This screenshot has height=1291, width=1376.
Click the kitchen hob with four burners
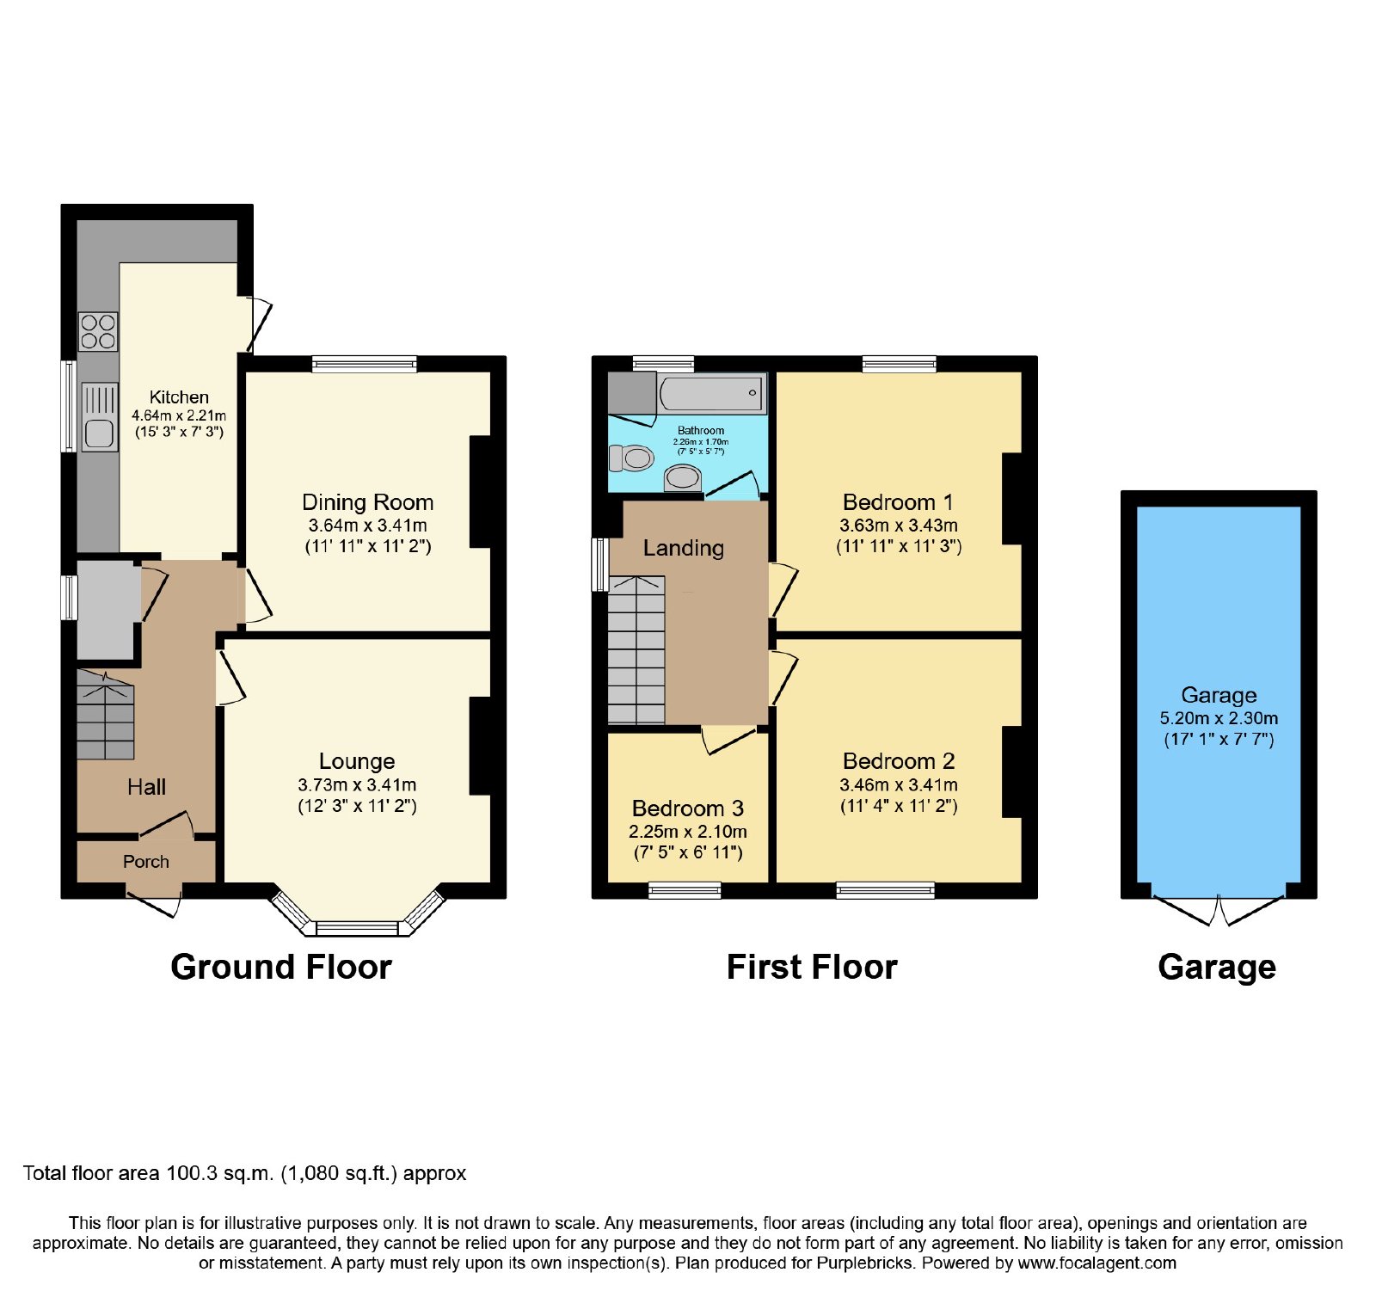pos(98,332)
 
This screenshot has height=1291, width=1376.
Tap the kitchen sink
pos(100,417)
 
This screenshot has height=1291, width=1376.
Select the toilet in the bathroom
pos(632,458)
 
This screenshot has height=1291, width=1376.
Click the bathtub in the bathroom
pos(713,393)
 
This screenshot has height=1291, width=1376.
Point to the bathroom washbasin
pos(683,477)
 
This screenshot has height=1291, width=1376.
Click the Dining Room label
pos(367,502)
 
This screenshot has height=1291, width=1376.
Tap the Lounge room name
pos(357,761)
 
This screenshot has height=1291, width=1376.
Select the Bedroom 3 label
pos(688,808)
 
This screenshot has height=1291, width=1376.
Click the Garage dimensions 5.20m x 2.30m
pos(1219,718)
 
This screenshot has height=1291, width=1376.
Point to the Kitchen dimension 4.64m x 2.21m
pos(179,415)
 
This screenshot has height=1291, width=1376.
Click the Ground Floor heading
pos(281,967)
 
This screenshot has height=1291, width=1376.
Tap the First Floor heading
pos(812,967)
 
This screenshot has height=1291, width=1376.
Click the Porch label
pos(146,862)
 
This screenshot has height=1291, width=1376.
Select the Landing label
pos(684,548)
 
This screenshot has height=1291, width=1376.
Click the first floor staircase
pos(636,649)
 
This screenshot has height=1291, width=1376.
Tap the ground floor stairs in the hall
pos(106,715)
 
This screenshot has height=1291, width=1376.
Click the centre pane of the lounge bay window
pos(358,929)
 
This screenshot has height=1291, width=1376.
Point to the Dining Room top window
pos(365,364)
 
